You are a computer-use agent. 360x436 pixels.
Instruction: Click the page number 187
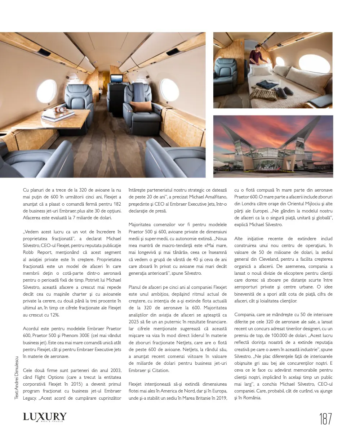coord(325,419)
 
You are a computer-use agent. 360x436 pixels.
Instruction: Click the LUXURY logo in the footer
coord(45,417)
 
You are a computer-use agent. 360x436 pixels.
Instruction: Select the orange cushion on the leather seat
coord(141,106)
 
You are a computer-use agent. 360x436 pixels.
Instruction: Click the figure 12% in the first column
coord(54,315)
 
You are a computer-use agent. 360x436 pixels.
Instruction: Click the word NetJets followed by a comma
coord(191,349)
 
